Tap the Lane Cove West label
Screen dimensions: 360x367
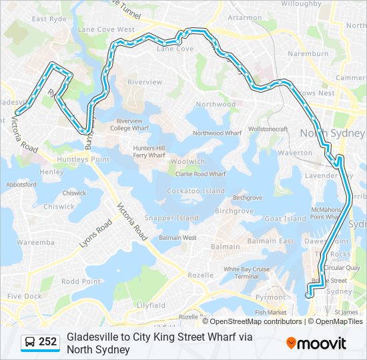pos(106,29)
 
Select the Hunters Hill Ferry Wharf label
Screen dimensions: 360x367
pos(149,152)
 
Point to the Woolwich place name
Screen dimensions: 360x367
pos(188,161)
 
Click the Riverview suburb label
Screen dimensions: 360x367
pos(145,82)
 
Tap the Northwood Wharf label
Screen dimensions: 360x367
pos(217,133)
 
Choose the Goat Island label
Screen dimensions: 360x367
pos(286,219)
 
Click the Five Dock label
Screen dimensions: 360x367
pos(24,296)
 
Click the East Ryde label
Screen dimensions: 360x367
pos(49,19)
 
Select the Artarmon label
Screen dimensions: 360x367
pos(245,18)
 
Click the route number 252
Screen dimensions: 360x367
pos(48,342)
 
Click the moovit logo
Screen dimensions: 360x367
pos(316,343)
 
